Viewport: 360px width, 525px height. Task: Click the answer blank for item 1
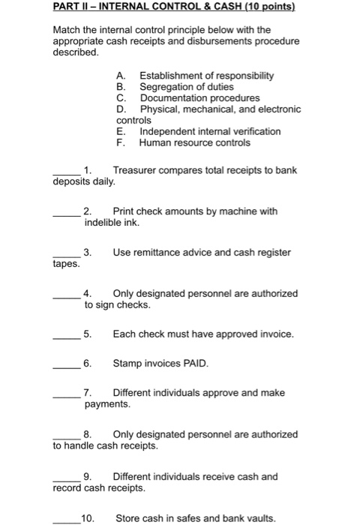(66, 175)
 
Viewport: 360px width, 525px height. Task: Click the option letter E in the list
(120, 131)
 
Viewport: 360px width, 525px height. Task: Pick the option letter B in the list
(120, 87)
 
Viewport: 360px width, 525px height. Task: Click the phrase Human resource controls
(184, 142)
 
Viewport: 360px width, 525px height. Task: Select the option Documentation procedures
(189, 98)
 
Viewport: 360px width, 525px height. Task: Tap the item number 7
(88, 392)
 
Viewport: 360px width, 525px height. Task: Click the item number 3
(88, 253)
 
